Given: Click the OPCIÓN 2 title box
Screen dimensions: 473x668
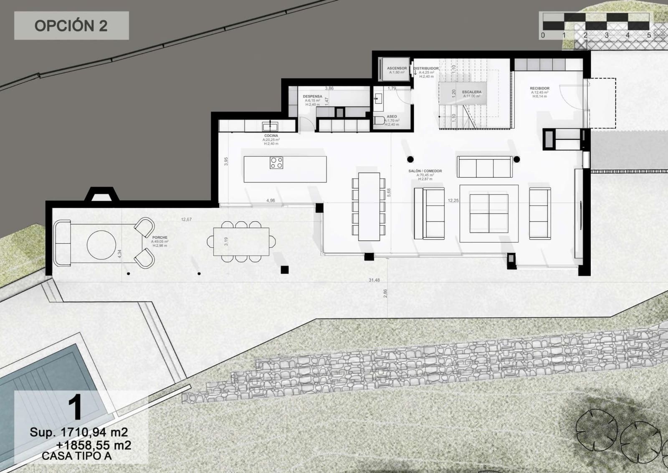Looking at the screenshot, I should click(x=71, y=26).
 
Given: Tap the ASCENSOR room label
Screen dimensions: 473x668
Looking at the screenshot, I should click(x=397, y=68).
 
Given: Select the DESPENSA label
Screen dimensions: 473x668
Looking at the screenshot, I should click(x=312, y=97).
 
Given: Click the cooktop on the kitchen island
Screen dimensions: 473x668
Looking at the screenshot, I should click(x=276, y=163).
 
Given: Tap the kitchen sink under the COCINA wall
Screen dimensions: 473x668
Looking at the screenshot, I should click(x=271, y=125).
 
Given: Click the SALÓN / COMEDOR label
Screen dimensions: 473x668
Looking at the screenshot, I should click(x=425, y=171).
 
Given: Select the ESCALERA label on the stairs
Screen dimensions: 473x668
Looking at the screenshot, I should click(x=471, y=92).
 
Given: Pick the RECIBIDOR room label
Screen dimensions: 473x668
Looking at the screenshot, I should click(x=539, y=88).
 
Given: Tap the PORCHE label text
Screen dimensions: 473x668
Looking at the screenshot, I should click(x=159, y=238).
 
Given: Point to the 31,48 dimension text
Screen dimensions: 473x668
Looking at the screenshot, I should click(x=374, y=280).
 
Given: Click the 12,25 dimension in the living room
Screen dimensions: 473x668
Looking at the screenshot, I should click(x=453, y=201).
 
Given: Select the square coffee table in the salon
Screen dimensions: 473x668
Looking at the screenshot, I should click(x=489, y=213).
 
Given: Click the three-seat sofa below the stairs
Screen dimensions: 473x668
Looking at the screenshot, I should click(x=485, y=167).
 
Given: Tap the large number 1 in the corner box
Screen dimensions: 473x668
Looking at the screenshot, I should click(x=75, y=408).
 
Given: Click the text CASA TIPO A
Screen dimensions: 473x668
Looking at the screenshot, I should click(x=76, y=456).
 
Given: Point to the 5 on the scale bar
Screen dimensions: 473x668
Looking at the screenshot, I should click(x=649, y=36).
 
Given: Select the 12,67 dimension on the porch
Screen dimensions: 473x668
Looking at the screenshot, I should click(x=186, y=219).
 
